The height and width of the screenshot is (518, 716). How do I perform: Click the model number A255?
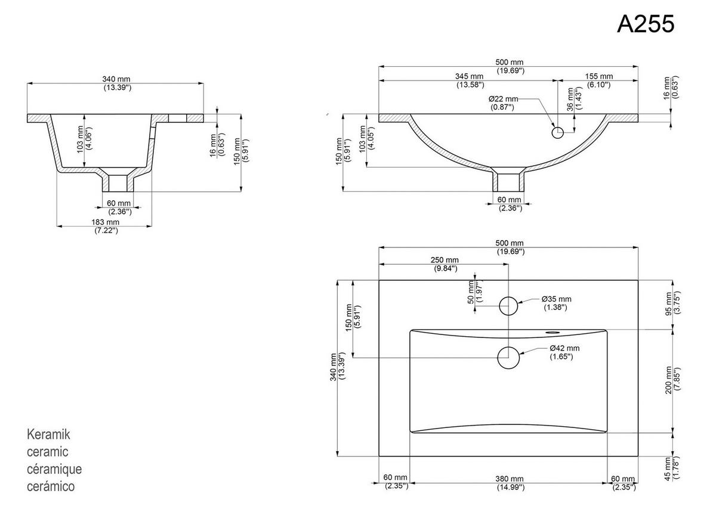coord(646,24)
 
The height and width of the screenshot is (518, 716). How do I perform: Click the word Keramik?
coord(49,434)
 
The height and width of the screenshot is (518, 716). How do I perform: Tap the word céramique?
coord(54,469)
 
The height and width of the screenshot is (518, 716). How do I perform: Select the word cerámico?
coord(51,486)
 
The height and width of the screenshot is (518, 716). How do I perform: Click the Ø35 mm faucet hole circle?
coord(508,306)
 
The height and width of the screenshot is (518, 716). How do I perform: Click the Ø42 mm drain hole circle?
coord(508,358)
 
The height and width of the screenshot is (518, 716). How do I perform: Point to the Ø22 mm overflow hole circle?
coord(557,132)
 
